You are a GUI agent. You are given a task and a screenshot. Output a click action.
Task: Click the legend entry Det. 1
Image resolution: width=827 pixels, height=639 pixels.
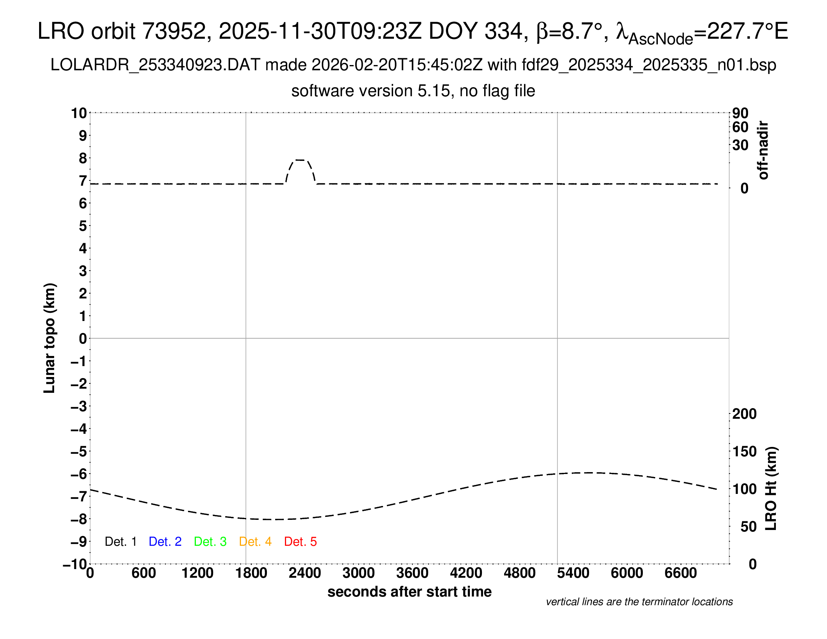(120, 542)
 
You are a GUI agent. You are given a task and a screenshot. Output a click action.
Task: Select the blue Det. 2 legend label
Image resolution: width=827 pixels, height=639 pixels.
(165, 542)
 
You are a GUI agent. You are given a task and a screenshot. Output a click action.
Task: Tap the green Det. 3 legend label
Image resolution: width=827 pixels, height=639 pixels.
(210, 542)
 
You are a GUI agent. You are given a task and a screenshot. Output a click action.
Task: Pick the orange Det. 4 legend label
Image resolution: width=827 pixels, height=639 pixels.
(255, 542)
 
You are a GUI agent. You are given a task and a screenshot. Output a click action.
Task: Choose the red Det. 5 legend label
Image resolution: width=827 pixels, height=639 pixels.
(300, 542)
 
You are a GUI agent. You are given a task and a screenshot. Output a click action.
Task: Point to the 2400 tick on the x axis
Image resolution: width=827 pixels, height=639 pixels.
(305, 573)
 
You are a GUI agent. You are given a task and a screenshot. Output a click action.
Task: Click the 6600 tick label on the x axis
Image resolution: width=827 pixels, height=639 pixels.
(680, 573)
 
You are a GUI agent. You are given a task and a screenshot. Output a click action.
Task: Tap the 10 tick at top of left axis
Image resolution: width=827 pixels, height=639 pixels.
(79, 113)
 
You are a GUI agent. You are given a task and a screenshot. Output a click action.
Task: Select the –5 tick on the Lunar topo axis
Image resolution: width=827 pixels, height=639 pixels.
(79, 451)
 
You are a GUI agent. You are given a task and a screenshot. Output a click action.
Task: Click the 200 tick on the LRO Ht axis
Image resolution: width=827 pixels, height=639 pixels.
(744, 414)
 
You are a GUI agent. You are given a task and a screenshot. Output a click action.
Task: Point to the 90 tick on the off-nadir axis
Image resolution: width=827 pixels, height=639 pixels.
(740, 113)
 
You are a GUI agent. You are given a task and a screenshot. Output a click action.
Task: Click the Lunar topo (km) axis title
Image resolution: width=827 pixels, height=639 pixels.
(50, 338)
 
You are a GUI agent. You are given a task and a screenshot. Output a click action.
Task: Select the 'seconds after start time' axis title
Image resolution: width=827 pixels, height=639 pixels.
(409, 592)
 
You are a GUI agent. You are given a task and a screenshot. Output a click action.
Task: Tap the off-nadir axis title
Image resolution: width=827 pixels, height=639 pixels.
(763, 150)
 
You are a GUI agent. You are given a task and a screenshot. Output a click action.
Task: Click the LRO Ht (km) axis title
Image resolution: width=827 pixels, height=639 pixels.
(771, 489)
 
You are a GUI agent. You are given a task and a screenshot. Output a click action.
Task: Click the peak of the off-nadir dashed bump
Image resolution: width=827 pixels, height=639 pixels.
(300, 160)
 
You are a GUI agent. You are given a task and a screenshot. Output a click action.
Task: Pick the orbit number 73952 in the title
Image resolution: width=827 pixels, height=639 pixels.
(173, 31)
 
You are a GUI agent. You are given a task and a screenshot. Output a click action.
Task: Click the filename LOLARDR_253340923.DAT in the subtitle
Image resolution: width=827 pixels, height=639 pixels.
(155, 65)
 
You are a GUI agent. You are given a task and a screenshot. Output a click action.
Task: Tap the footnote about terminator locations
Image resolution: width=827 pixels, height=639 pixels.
(639, 602)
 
